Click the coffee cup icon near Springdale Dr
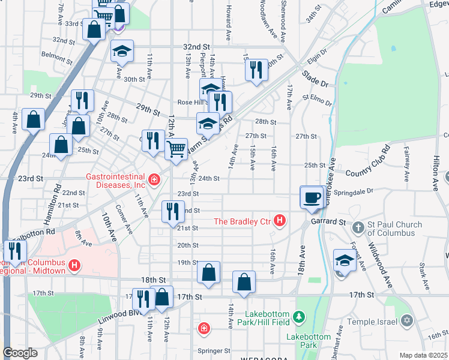pos(312,197)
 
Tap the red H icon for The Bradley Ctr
pos(279,221)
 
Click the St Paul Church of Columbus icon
pos(358,228)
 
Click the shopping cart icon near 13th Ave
pos(175,147)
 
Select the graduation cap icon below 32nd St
pos(122,51)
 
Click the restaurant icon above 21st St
pos(172,211)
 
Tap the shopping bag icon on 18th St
pos(208,272)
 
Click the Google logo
pos(20,353)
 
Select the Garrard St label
pos(328,222)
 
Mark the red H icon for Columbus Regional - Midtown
pos(74,265)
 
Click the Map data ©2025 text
pos(423,355)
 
